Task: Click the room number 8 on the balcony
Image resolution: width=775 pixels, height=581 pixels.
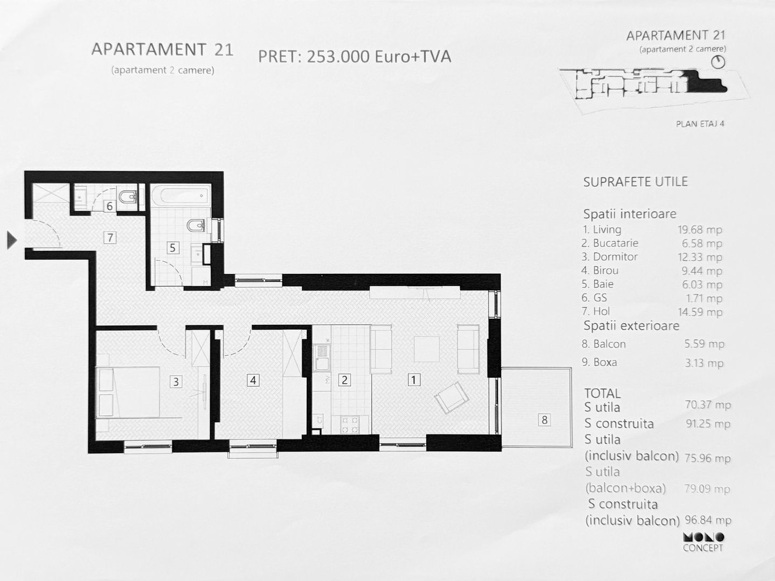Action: point(544,420)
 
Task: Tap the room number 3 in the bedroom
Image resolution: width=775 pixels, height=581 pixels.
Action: point(175,381)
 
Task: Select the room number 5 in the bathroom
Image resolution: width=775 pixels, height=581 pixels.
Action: point(172,247)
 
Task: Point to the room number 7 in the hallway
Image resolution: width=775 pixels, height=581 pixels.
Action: point(110,237)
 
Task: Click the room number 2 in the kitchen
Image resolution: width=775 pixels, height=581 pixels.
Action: point(344,380)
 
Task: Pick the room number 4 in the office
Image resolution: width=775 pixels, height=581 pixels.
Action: point(252,380)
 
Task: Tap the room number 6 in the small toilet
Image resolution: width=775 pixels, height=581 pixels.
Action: point(110,206)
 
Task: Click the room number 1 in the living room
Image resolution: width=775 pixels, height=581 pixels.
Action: point(413,380)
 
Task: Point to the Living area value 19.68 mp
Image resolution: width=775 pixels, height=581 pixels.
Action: point(700,230)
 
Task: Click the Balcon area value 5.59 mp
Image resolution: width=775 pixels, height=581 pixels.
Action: point(704,344)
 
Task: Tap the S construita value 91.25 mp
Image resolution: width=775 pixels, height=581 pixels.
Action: point(708,423)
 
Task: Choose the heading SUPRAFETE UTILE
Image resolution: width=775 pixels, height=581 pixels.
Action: point(635,182)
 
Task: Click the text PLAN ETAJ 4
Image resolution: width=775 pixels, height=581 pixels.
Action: point(700,124)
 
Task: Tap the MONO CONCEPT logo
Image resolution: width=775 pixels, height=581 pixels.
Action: point(703,542)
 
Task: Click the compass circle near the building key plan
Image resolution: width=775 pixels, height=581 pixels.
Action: point(718,62)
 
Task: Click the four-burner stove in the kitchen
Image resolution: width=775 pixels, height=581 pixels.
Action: point(350,425)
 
